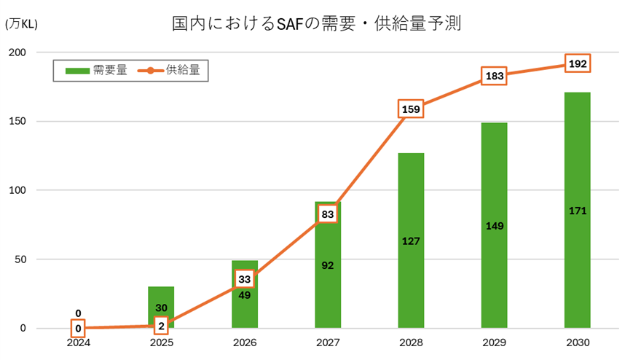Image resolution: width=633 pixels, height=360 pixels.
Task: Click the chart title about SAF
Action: point(317,24)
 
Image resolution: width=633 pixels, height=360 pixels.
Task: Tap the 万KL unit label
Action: point(21,24)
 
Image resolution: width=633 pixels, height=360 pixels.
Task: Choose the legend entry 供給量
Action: point(171,70)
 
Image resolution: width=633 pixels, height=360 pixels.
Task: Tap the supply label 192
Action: point(577,63)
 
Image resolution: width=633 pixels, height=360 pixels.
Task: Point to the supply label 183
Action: point(494,76)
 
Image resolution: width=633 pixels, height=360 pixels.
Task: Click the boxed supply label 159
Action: point(411,109)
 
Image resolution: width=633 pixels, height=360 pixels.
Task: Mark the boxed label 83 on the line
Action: point(328,214)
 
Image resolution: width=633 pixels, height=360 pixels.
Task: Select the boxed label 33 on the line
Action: point(245,279)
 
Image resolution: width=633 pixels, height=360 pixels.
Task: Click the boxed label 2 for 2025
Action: point(162,326)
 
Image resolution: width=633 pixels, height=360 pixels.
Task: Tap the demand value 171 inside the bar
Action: point(577,211)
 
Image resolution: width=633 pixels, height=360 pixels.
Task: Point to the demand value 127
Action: point(411,240)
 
